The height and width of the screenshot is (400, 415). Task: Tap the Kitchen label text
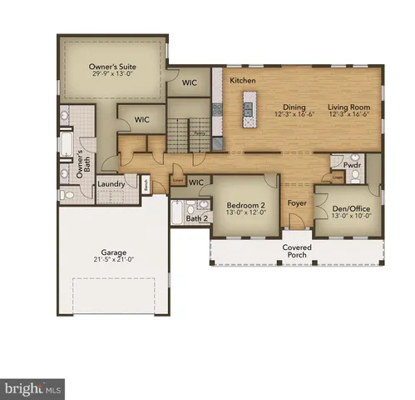242,80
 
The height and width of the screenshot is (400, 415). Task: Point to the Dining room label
294,107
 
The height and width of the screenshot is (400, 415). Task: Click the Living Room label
348,107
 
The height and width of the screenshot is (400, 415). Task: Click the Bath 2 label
196,218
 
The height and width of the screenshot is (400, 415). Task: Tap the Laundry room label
111,184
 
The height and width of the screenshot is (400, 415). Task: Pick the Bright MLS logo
33,387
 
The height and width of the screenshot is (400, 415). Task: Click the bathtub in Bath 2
177,212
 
